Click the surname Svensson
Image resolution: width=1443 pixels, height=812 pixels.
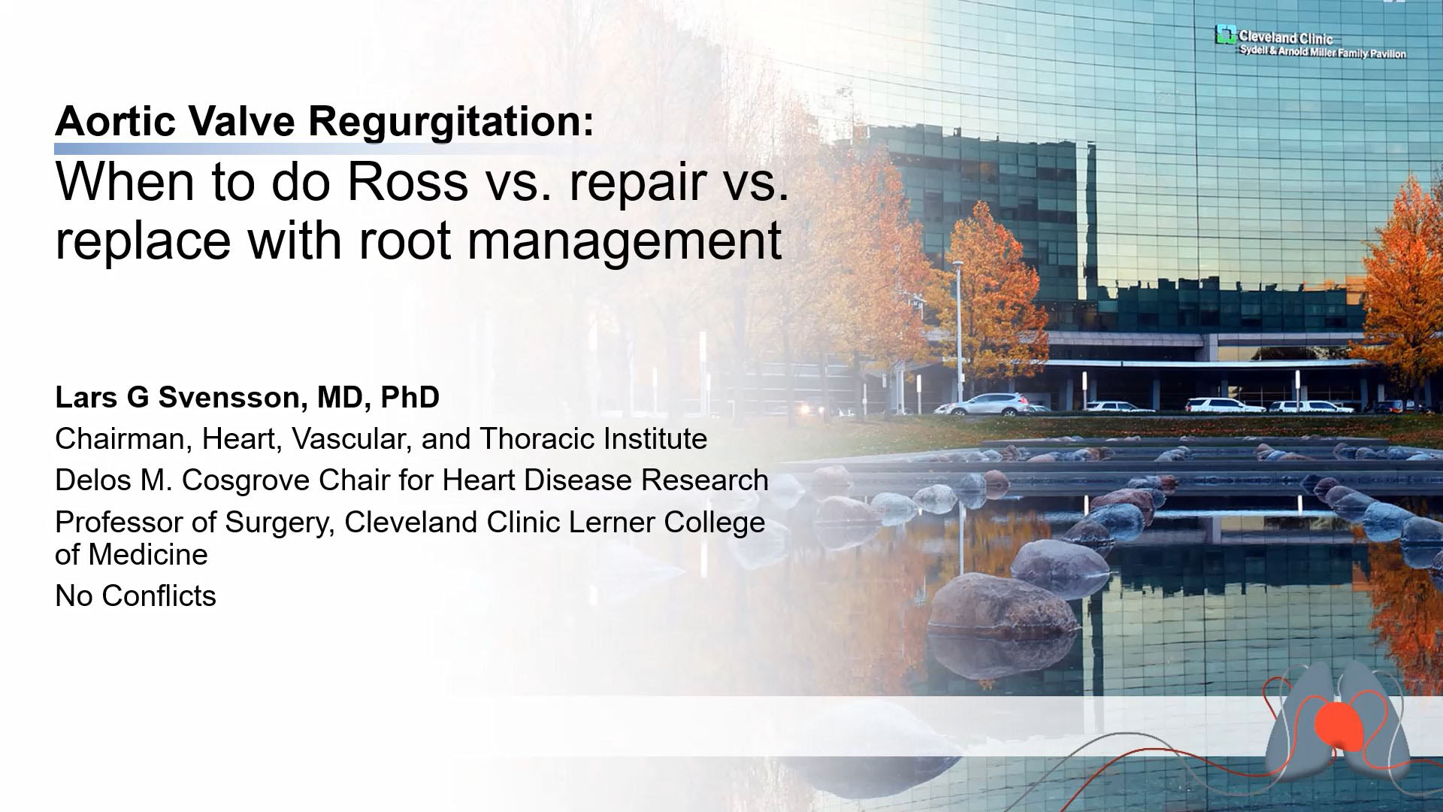click(x=229, y=397)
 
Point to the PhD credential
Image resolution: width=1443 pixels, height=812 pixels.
click(x=410, y=397)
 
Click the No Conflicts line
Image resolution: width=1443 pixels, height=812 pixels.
click(x=135, y=596)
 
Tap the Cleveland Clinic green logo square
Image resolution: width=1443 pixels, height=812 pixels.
click(x=1226, y=35)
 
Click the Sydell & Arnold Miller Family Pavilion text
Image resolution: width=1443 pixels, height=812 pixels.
click(x=1323, y=53)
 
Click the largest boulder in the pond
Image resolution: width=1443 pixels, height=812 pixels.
click(x=1004, y=605)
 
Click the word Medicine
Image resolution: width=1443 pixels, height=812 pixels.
click(x=148, y=555)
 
